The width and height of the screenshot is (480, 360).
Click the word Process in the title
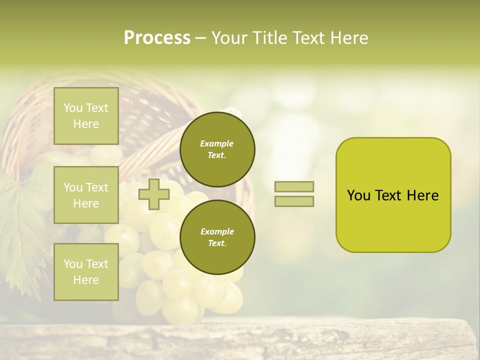point(157,38)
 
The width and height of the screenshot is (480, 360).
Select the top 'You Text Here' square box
point(86,116)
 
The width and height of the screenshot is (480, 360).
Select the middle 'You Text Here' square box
point(86,195)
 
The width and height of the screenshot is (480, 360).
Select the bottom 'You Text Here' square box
point(86,272)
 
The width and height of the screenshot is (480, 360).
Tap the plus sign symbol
point(154,194)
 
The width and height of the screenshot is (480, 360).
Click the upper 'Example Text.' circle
point(217,149)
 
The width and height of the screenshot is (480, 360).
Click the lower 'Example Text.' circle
point(217,237)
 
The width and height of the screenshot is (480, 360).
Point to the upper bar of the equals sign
point(294,186)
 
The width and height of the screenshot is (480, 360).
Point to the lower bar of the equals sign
point(294,201)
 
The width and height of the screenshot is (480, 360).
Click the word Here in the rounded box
point(422,195)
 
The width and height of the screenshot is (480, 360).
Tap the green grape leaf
point(20,225)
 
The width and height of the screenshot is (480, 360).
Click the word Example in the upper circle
point(217,143)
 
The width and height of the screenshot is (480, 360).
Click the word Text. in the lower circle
point(217,243)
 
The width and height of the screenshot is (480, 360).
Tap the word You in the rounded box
point(359,195)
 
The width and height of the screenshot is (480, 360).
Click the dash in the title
point(200,38)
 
